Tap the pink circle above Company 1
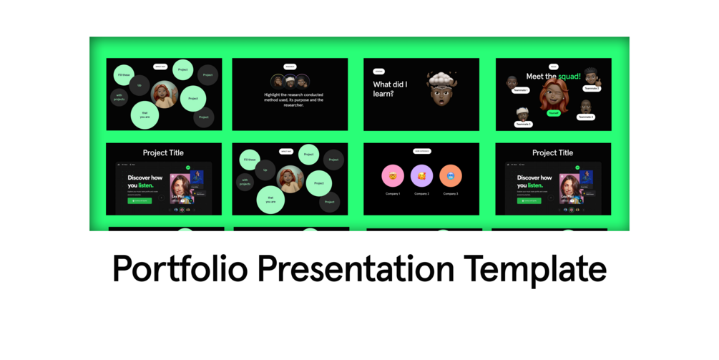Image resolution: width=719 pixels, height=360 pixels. [x=393, y=175]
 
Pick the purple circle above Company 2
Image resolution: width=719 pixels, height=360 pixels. [x=422, y=175]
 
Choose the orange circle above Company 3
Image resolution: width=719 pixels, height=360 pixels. [x=451, y=175]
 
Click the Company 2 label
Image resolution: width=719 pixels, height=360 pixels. [x=422, y=194]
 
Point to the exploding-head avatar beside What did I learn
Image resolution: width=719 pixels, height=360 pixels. [x=441, y=89]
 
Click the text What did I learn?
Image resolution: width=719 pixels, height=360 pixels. [x=391, y=89]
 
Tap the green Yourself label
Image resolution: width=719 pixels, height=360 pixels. [x=554, y=113]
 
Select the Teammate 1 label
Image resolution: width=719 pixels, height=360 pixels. [x=520, y=90]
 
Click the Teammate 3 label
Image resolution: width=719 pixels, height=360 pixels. [x=524, y=125]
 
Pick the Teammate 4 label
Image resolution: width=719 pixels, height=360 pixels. [x=585, y=117]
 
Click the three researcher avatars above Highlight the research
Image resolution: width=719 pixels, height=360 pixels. [x=290, y=82]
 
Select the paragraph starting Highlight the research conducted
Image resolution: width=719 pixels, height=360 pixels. [x=290, y=101]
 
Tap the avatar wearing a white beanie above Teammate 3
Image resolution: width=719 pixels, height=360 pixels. [x=523, y=114]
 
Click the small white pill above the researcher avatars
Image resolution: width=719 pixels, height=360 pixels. [x=290, y=67]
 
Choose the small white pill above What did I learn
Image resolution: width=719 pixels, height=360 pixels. [x=378, y=72]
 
